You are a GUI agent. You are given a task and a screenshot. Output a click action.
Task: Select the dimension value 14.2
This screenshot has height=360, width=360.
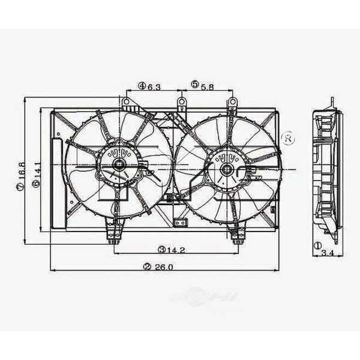pos(175,249)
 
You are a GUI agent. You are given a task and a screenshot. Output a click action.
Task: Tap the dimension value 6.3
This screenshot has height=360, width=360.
pos(154,86)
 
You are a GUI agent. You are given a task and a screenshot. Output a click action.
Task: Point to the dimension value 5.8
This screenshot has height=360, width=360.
pos(207,86)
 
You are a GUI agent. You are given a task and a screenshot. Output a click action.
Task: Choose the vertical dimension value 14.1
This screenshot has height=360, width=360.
pos(37,174)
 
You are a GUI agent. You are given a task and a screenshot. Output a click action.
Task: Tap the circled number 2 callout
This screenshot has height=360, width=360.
pos(147,267)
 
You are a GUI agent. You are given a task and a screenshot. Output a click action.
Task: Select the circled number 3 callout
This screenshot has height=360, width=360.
pos(161,249)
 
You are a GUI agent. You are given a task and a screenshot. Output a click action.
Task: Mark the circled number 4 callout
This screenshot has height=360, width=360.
pos(142,86)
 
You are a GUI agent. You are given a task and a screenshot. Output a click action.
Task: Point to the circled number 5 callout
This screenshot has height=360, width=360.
pos(195,86)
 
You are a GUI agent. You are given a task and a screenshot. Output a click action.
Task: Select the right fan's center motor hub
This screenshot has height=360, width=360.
pos(227,169)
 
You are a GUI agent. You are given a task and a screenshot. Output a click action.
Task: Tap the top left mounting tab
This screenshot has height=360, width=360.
pos(126,104)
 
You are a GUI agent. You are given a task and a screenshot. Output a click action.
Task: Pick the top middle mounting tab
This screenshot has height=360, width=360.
pos(181,104)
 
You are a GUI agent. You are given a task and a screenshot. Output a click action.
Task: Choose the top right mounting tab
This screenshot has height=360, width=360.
pos(232,104)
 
